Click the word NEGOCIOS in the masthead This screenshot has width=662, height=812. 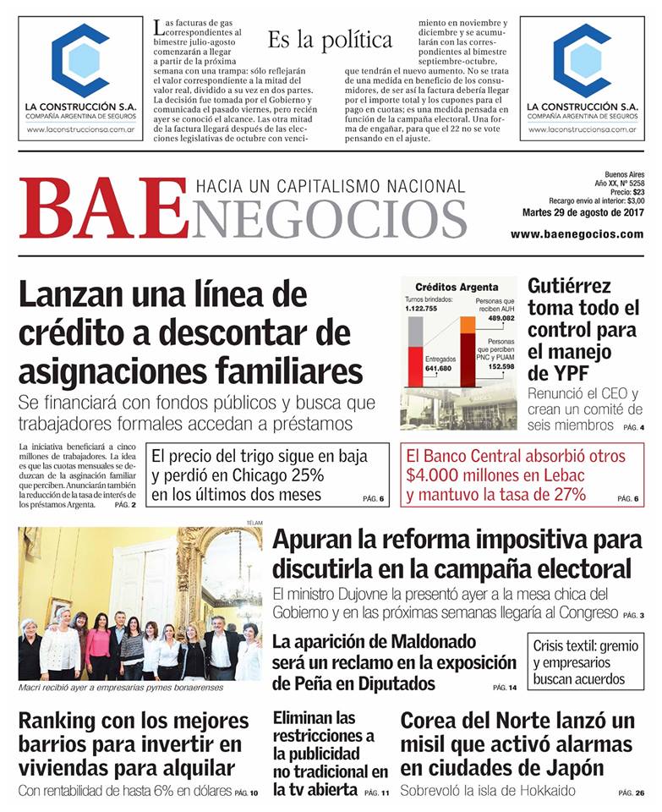click(330, 217)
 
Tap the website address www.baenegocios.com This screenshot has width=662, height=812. click(577, 234)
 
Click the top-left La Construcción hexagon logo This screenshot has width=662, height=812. click(80, 60)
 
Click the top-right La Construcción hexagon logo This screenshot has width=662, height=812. click(583, 60)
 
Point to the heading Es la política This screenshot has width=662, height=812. click(330, 40)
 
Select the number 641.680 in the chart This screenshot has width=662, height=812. click(438, 368)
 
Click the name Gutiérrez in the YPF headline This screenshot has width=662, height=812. click(569, 286)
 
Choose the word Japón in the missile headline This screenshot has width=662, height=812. click(572, 768)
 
